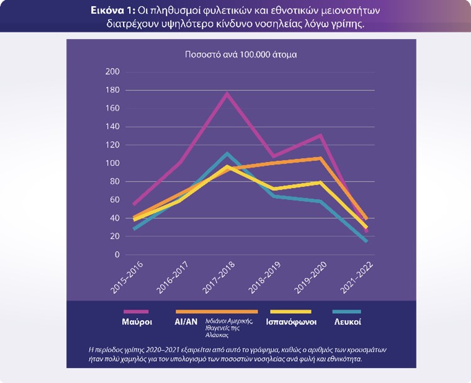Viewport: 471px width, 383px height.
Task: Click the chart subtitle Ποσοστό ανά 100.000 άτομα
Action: click(x=241, y=54)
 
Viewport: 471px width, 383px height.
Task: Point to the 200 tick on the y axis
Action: click(x=112, y=72)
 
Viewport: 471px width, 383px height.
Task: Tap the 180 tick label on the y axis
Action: click(x=112, y=90)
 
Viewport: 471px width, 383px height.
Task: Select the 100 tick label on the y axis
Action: click(x=112, y=163)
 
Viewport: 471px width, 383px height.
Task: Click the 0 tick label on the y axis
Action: click(x=116, y=255)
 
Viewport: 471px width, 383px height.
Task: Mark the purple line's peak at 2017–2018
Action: click(x=228, y=93)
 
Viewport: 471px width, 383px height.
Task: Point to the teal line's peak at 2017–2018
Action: click(x=228, y=153)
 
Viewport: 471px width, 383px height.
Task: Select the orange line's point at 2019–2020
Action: click(x=320, y=158)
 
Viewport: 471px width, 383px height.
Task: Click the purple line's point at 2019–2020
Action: click(x=320, y=135)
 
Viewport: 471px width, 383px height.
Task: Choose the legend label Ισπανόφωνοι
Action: click(x=292, y=322)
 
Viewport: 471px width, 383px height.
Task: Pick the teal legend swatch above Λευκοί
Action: click(x=346, y=311)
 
